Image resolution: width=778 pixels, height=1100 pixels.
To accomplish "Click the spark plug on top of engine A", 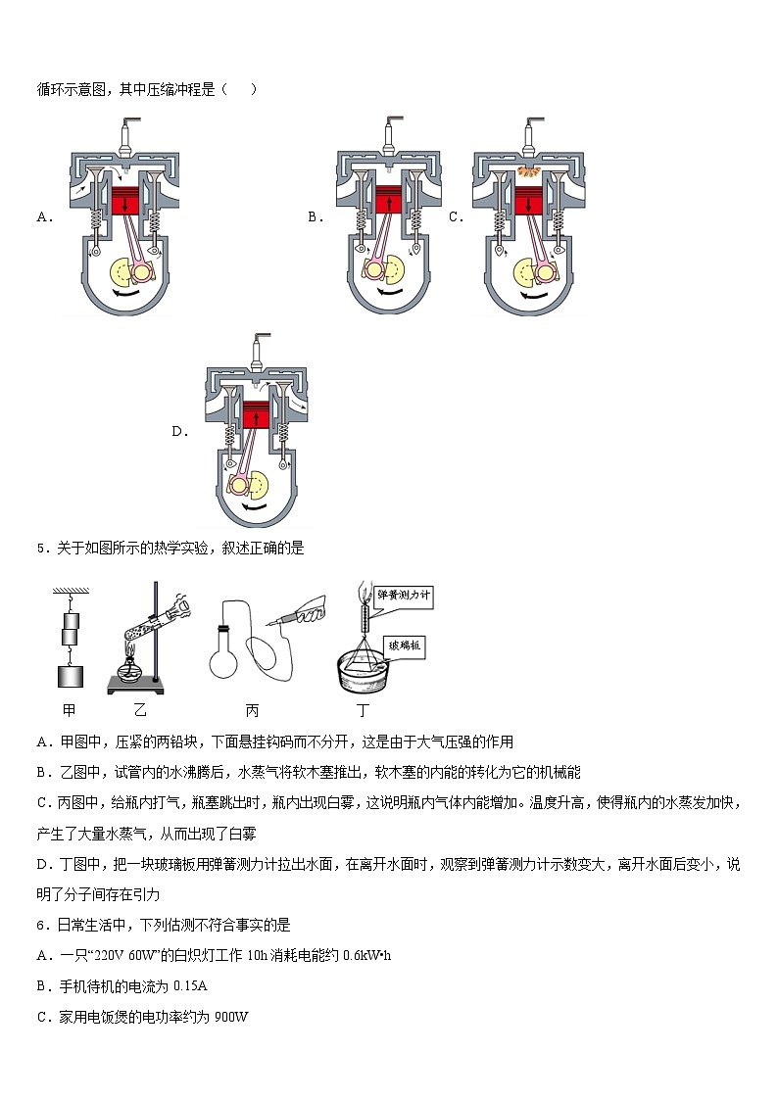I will [x=124, y=134].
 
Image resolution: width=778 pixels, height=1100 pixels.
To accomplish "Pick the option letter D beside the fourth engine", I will [x=179, y=431].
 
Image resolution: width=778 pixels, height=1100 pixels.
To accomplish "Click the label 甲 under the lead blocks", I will [x=68, y=709].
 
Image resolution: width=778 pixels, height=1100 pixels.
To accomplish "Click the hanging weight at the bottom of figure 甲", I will [x=70, y=676].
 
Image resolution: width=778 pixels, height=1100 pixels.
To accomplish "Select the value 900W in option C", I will [x=231, y=1017].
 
